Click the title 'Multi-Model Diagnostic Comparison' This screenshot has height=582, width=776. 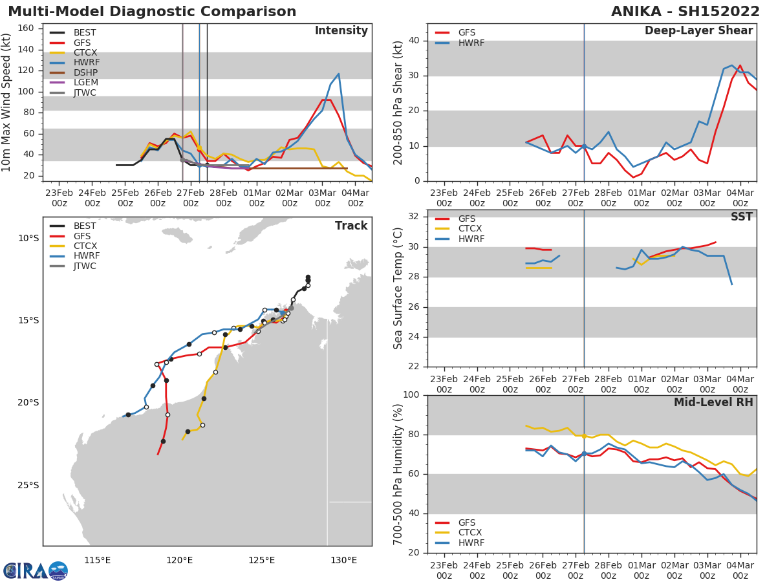pos(152,12)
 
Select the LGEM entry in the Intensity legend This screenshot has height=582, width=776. pos(85,82)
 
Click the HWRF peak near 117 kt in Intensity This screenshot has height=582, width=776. pos(338,74)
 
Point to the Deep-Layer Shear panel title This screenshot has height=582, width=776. pos(698,31)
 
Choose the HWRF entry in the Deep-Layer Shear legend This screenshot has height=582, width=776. pos(471,43)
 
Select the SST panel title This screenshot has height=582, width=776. pos(741,217)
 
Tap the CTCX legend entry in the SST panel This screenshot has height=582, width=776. pos(471,229)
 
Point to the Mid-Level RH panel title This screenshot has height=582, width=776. pos(713,402)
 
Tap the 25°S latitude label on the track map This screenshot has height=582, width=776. pos(28,485)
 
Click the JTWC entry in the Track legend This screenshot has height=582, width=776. pos(85,266)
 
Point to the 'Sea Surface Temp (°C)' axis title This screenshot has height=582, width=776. pos(399,288)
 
